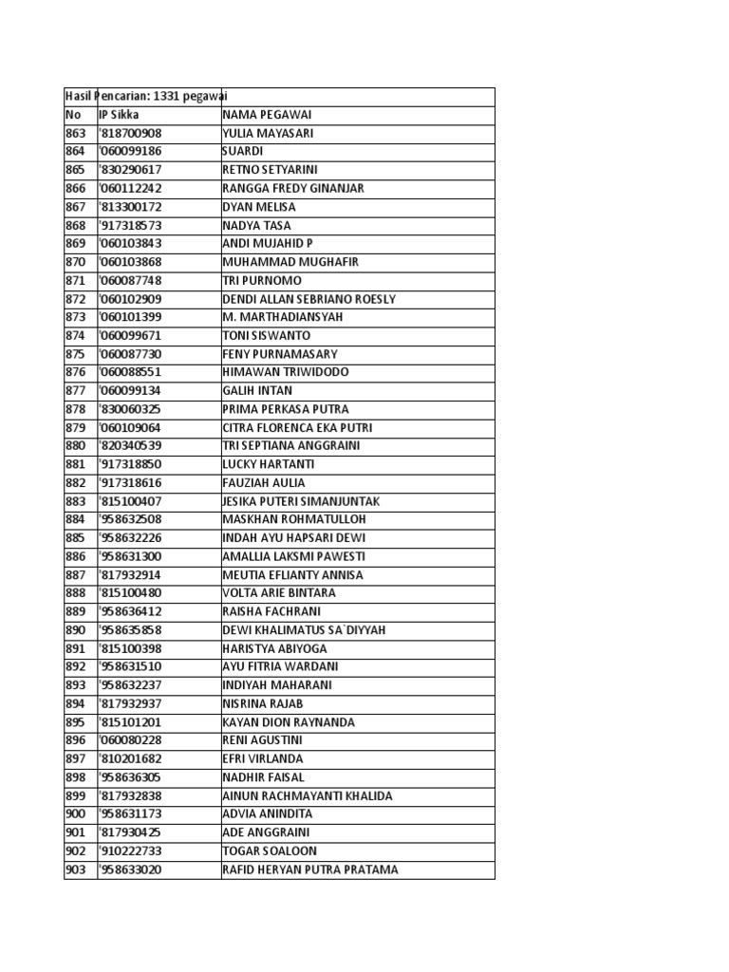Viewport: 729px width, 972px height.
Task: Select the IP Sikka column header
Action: (119, 115)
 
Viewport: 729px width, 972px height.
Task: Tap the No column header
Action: (73, 115)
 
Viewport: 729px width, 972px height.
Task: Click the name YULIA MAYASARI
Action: (268, 133)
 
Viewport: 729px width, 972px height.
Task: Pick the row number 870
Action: (75, 262)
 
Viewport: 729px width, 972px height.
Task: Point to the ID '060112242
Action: (130, 188)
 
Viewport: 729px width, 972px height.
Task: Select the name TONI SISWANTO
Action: (266, 336)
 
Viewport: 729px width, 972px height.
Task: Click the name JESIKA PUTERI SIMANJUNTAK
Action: (301, 501)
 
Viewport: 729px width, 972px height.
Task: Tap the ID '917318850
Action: (130, 464)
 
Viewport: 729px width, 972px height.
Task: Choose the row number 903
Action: (75, 869)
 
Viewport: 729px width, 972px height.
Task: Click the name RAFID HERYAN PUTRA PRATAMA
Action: (310, 869)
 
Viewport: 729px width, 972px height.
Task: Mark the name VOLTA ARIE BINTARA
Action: (279, 593)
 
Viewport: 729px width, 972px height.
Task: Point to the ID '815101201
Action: (130, 722)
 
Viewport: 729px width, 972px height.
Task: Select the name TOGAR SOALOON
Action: (270, 851)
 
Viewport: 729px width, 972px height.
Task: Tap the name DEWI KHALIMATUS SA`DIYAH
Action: (304, 630)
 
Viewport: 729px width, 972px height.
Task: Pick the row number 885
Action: (75, 538)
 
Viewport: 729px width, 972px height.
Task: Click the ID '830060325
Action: (130, 409)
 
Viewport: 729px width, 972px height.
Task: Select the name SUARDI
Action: (242, 151)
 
